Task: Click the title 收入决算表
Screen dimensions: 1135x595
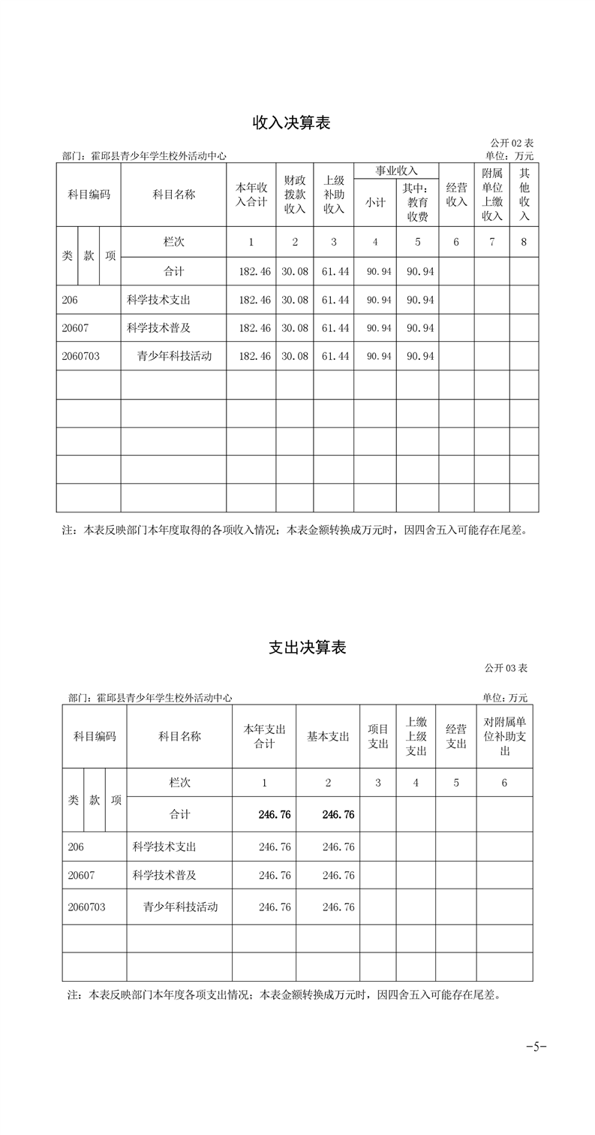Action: pyautogui.click(x=291, y=123)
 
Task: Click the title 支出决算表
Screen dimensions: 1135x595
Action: pyautogui.click(x=307, y=647)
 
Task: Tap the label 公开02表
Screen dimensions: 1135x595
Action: pyautogui.click(x=512, y=143)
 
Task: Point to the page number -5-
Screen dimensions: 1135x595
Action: pyautogui.click(x=536, y=1046)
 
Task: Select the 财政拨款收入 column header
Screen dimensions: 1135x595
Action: pyautogui.click(x=295, y=195)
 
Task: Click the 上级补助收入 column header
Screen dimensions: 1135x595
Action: pyautogui.click(x=334, y=195)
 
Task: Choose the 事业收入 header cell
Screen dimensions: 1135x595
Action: pyautogui.click(x=396, y=171)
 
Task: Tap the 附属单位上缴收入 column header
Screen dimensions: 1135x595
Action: pyautogui.click(x=492, y=195)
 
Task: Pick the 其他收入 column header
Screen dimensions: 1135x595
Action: pyautogui.click(x=524, y=195)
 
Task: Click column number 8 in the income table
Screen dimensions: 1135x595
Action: pyautogui.click(x=524, y=242)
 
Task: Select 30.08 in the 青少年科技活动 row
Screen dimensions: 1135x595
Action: pyautogui.click(x=295, y=356)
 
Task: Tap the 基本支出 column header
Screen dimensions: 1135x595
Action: pyautogui.click(x=328, y=737)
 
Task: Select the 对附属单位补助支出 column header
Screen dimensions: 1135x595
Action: pyautogui.click(x=504, y=736)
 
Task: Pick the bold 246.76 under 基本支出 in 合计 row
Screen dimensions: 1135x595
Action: pyautogui.click(x=338, y=814)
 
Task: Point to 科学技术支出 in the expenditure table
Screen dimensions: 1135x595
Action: pyautogui.click(x=164, y=847)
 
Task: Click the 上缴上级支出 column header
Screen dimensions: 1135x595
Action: pyautogui.click(x=416, y=736)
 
